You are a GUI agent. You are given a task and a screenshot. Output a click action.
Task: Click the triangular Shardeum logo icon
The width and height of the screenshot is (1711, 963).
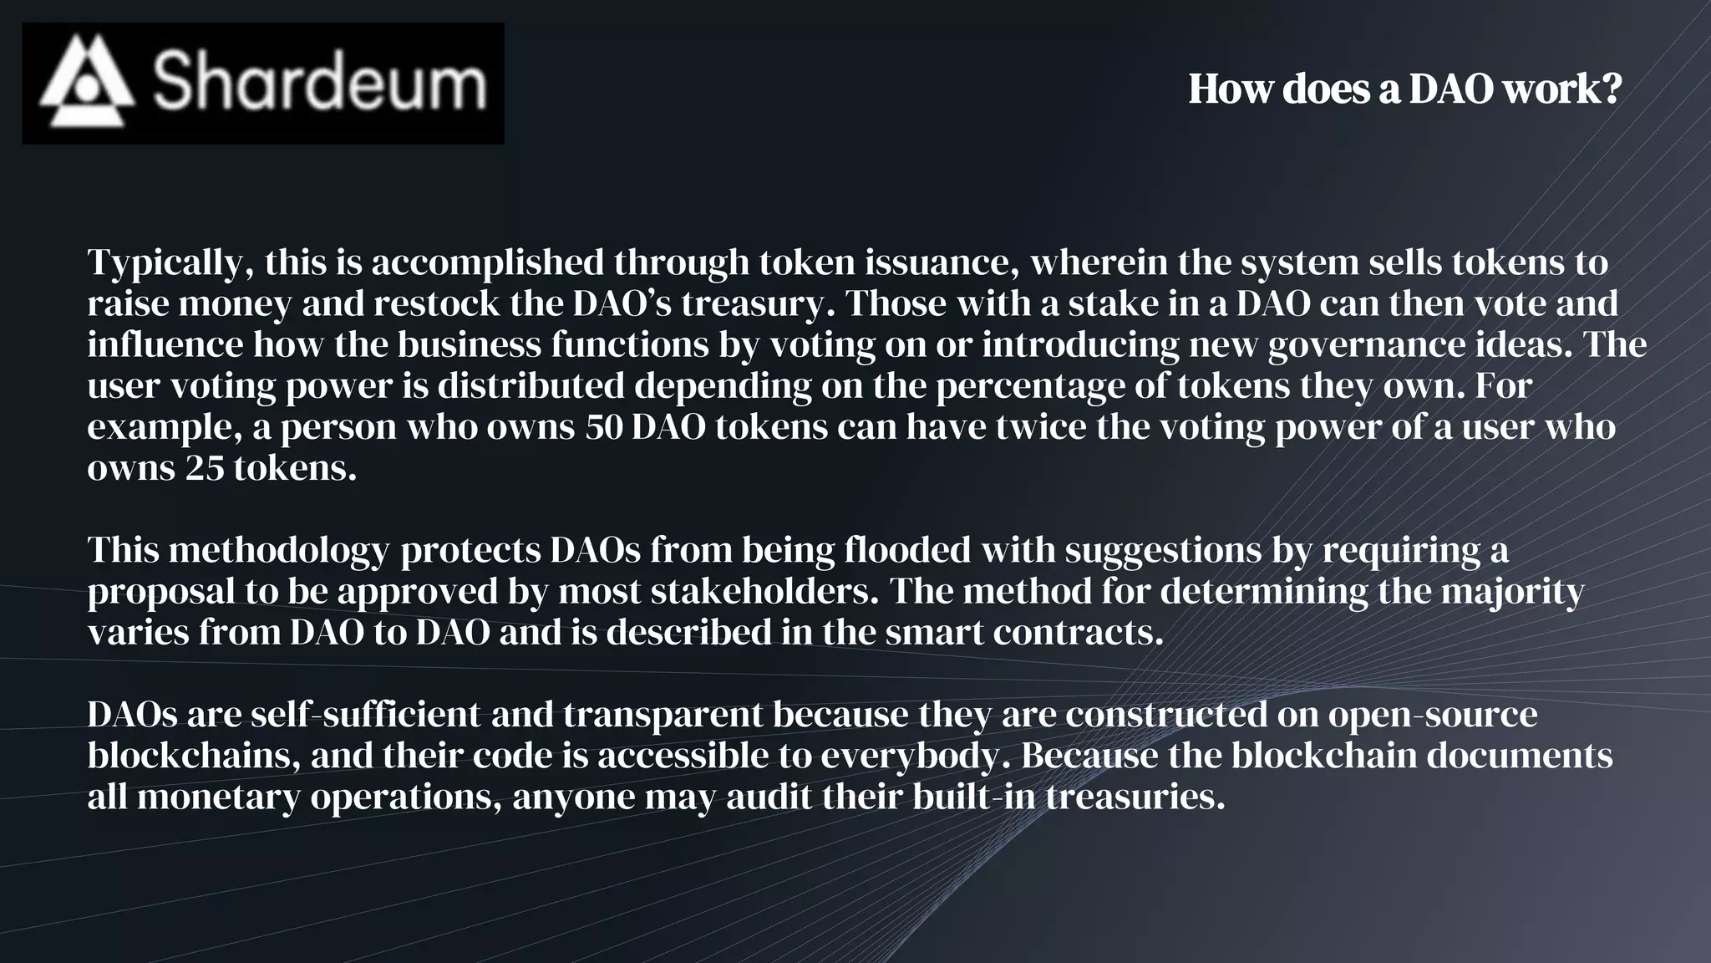87,82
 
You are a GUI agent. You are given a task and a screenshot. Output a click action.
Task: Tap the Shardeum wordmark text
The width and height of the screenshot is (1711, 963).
319,82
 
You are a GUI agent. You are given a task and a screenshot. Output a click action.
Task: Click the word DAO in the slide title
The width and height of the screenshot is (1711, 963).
1451,89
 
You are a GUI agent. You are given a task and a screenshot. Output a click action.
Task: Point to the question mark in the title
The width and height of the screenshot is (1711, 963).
1612,89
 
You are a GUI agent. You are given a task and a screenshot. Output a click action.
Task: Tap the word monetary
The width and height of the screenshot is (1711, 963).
218,797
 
